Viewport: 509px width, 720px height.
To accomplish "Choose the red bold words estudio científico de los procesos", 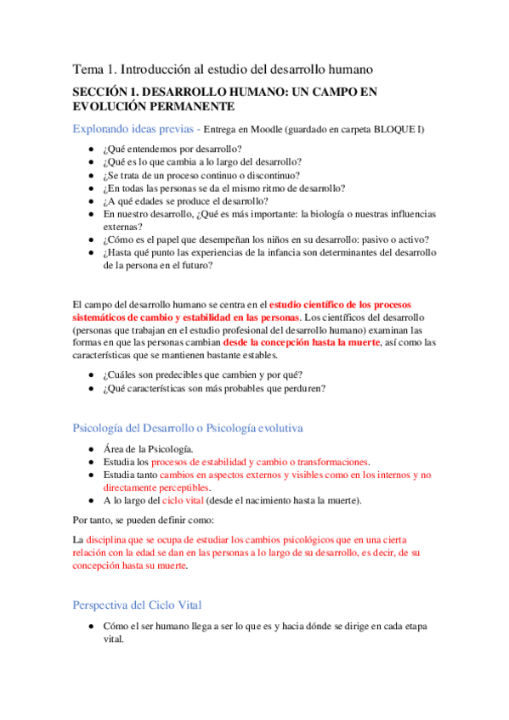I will tap(342, 305).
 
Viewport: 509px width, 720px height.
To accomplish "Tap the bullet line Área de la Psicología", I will tap(147, 449).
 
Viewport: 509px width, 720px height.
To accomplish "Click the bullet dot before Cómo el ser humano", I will tap(91, 627).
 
